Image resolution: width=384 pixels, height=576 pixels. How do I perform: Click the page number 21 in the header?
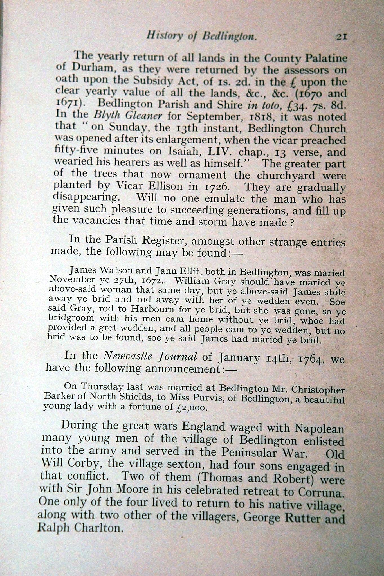(x=340, y=37)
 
